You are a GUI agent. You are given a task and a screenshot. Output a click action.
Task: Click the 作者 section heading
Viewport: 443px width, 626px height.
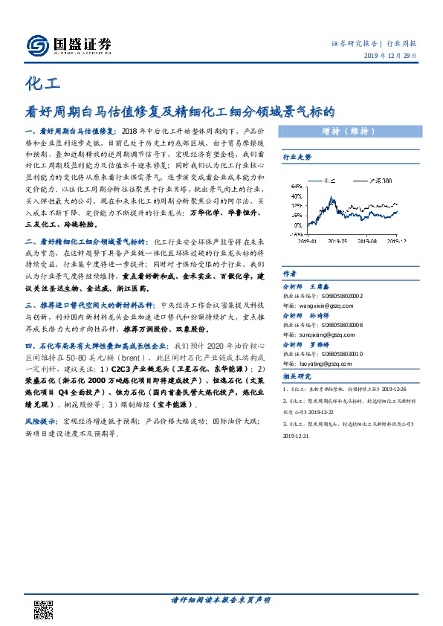[289, 274]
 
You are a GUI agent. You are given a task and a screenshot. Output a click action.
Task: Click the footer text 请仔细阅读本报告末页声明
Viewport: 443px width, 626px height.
[221, 600]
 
